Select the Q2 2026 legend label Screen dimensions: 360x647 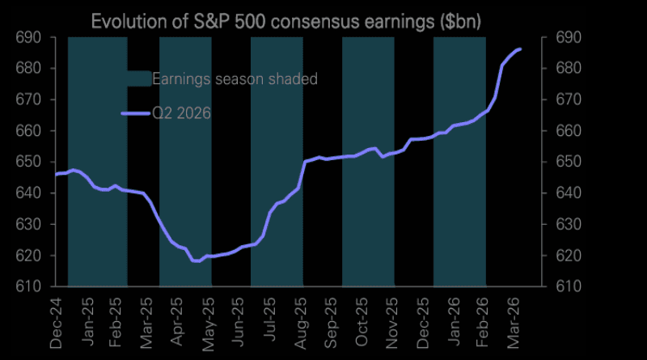point(182,113)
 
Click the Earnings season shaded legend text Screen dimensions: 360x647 point(235,78)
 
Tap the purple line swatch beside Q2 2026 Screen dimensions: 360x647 point(135,113)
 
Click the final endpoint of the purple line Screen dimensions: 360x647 point(520,49)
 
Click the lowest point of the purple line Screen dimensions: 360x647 point(196,261)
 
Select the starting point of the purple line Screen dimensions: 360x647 point(56,174)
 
